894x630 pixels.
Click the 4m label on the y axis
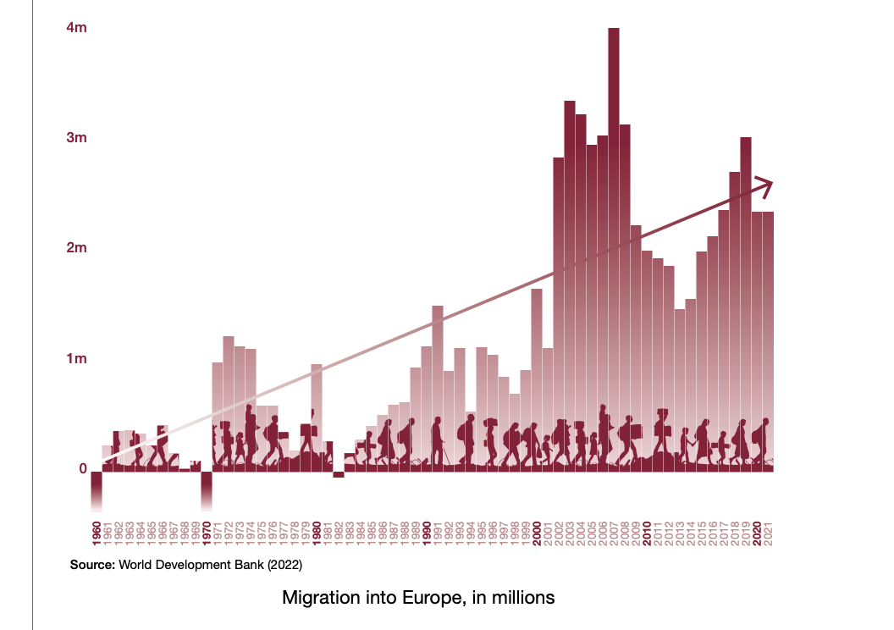(x=76, y=28)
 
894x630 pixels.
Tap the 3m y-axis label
(x=76, y=138)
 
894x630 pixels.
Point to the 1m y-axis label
(x=76, y=358)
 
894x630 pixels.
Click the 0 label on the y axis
(x=83, y=469)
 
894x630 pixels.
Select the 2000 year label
(x=537, y=533)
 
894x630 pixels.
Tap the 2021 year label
(x=768, y=533)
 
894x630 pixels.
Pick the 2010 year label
(x=647, y=533)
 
